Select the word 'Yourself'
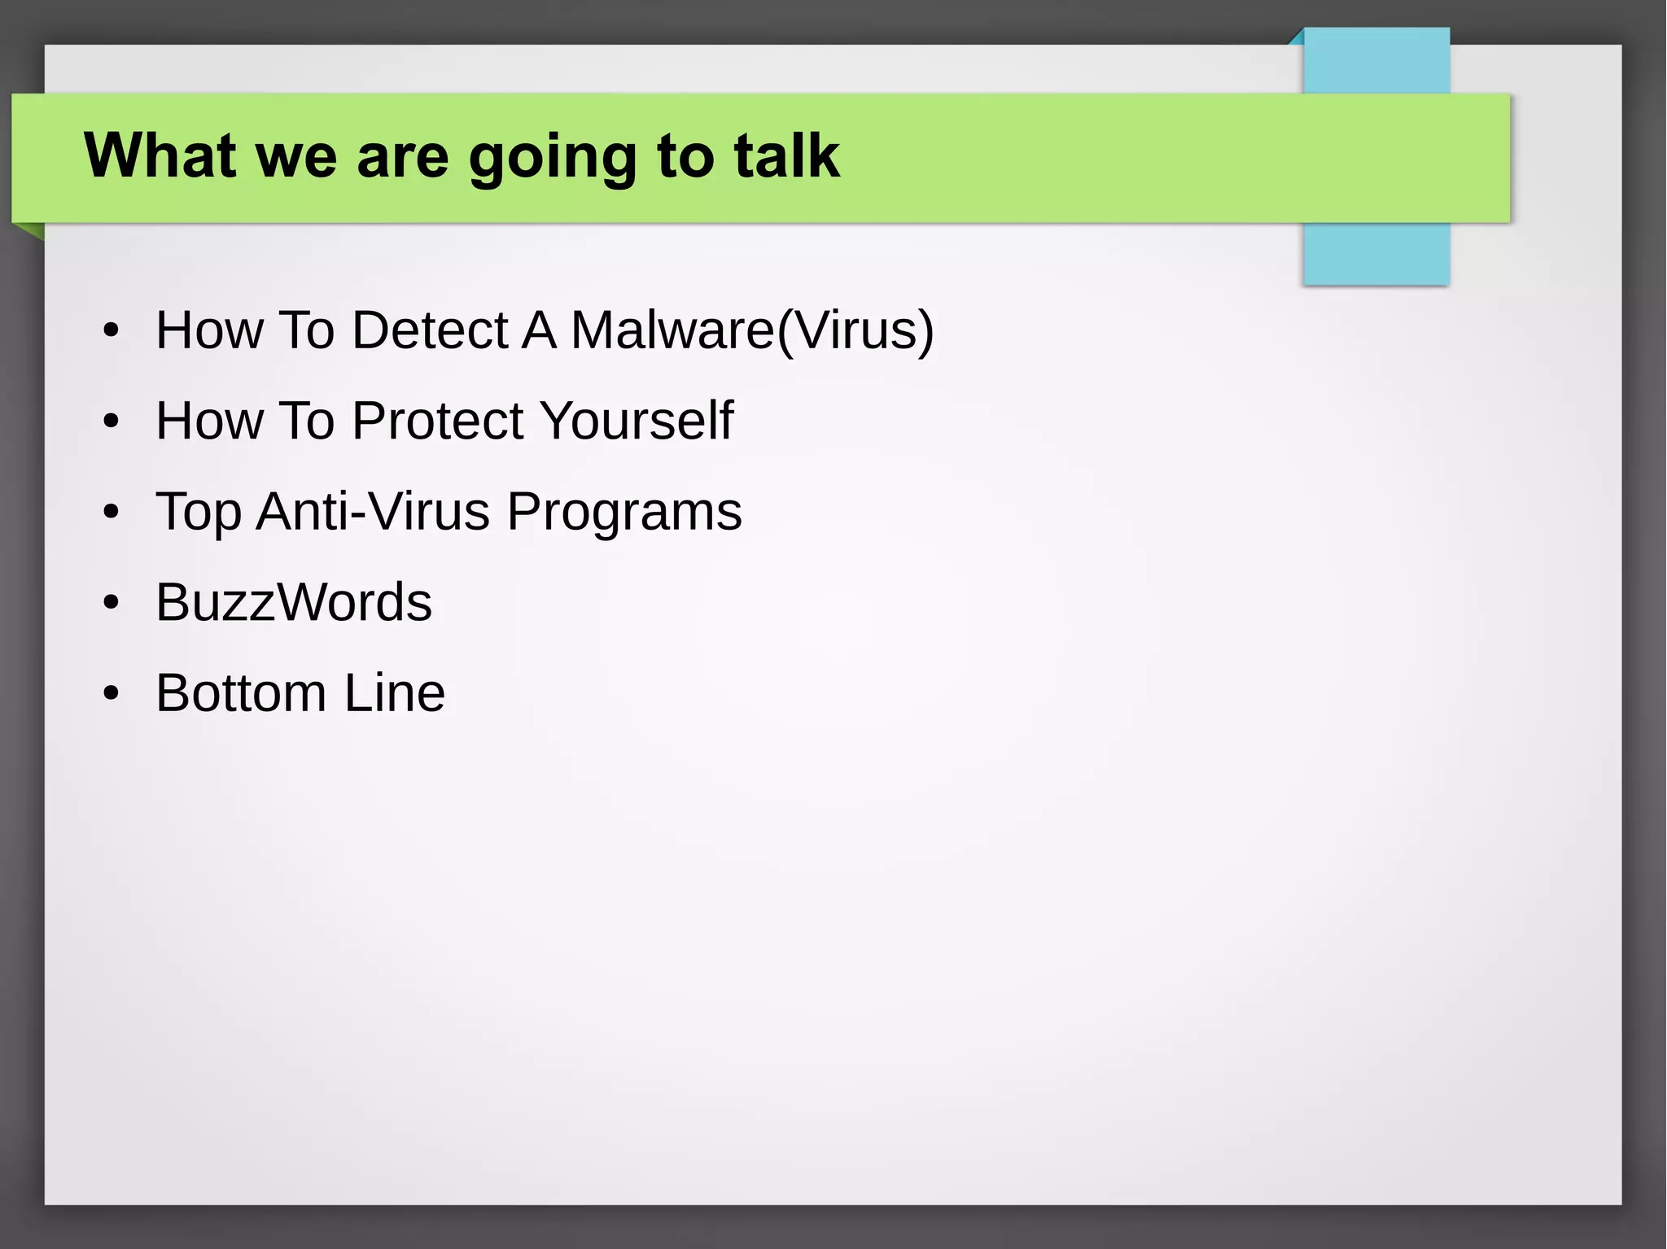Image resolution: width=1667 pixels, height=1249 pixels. (636, 421)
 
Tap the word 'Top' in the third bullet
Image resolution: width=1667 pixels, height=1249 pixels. (198, 513)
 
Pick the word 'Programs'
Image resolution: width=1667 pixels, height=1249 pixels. (624, 513)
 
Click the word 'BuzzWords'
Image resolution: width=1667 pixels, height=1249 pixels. (294, 602)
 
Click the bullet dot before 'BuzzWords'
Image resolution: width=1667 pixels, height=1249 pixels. (112, 603)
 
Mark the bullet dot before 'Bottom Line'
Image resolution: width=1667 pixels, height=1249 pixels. (112, 694)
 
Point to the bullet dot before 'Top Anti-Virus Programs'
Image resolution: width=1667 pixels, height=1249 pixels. (112, 513)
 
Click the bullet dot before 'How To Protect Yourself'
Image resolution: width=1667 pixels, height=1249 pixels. (112, 421)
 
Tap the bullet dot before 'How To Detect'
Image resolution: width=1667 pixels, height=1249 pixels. (112, 330)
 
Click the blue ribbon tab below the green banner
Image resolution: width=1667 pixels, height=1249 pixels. (1376, 254)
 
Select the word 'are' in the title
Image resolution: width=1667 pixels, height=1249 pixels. (402, 156)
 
